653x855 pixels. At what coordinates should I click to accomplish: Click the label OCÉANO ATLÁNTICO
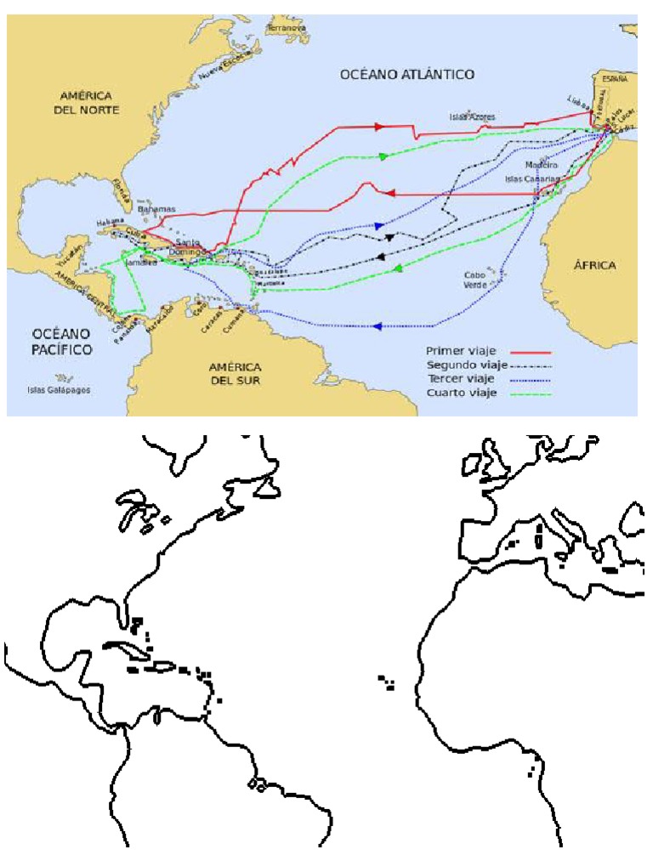point(406,75)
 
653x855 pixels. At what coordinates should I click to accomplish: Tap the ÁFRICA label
point(594,265)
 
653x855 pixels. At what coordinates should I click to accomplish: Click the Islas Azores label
point(474,116)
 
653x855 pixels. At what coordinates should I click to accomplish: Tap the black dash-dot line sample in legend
point(532,365)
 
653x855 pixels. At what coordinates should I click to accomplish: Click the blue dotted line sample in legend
point(532,379)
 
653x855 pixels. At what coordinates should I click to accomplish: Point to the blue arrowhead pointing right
point(378,226)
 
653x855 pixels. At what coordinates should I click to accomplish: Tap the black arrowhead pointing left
point(382,255)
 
